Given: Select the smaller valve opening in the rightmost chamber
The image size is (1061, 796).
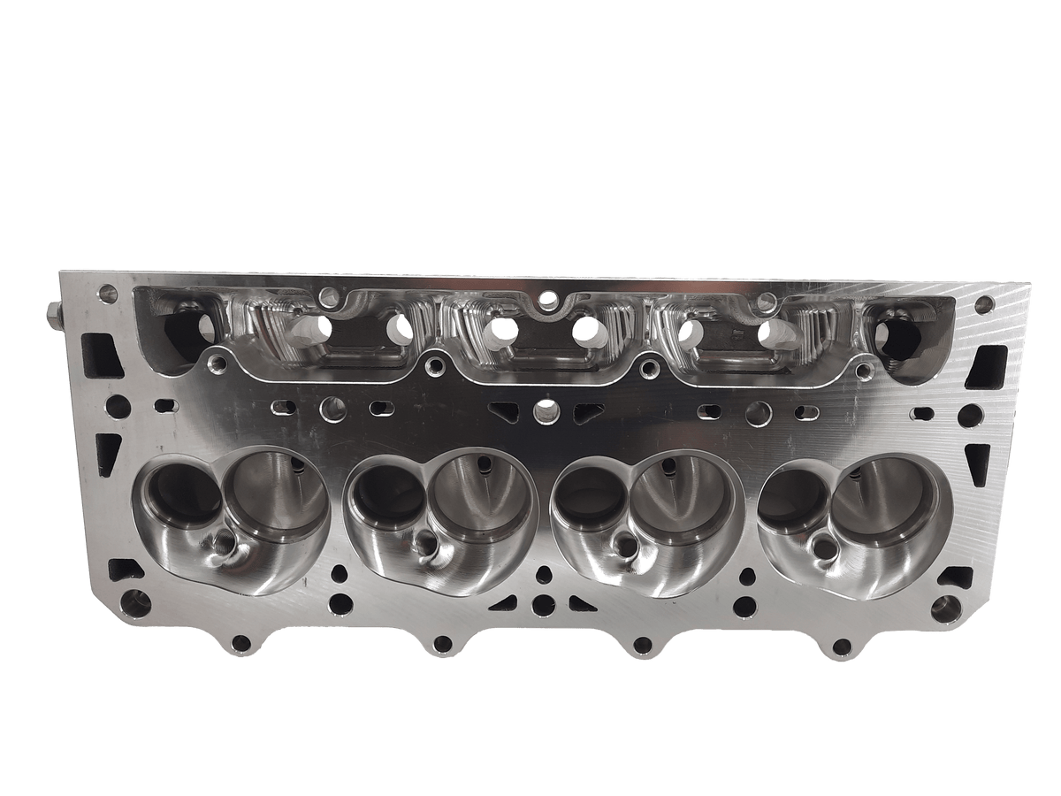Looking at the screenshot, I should (793, 495).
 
